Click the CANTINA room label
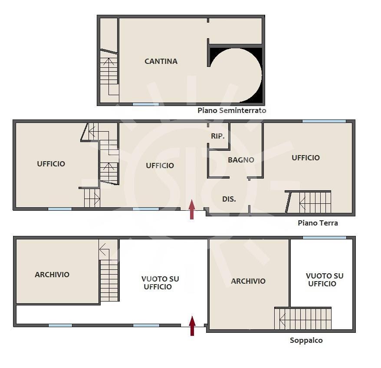click(161, 61)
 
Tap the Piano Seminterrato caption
click(232, 110)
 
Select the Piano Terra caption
click(318, 223)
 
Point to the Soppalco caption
click(306, 340)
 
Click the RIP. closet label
click(218, 136)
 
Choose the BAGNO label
click(241, 160)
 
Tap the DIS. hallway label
click(229, 199)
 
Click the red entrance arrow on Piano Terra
click(192, 209)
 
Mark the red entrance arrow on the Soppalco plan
click(192, 326)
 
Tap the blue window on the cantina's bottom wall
click(145, 104)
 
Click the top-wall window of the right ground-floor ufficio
click(324, 121)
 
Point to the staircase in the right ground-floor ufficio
click(309, 202)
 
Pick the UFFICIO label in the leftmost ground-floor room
click(51, 164)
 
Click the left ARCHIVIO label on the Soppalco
click(52, 275)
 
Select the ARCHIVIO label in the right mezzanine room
click(248, 281)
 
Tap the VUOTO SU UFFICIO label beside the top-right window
click(325, 280)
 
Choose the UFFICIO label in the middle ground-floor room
click(160, 166)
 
